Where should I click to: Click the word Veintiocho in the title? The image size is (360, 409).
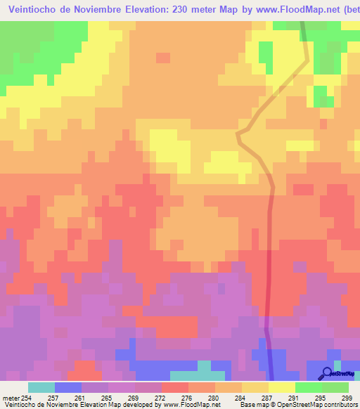click(x=34, y=8)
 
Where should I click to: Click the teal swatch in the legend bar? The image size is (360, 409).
click(x=41, y=387)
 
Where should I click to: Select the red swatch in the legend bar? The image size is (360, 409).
click(x=174, y=387)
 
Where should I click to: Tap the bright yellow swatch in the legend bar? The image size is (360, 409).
click(x=281, y=387)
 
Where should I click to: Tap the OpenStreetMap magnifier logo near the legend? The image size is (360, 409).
click(x=326, y=372)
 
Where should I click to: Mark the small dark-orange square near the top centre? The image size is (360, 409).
click(x=163, y=58)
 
